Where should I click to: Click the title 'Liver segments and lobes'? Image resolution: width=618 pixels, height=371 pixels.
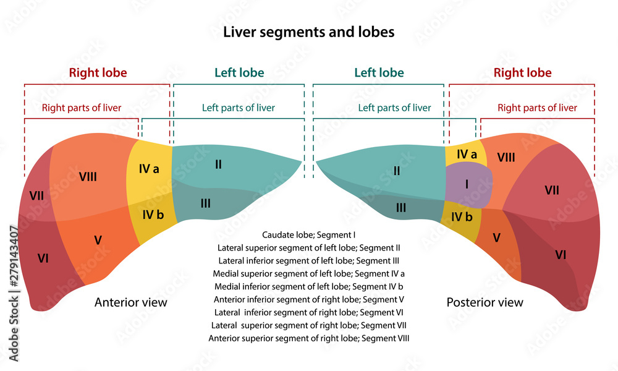(308, 32)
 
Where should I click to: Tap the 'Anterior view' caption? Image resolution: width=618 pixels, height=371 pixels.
(130, 302)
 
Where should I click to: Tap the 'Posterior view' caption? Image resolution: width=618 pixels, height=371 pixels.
(485, 302)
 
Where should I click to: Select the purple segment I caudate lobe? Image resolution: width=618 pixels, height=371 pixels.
(468, 184)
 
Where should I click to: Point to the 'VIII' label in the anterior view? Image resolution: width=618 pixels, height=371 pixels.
(88, 177)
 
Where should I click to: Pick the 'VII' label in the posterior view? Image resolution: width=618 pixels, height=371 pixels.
(552, 190)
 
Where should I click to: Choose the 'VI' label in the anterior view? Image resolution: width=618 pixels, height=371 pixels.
(43, 258)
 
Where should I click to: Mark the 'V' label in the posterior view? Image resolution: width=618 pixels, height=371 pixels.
(496, 236)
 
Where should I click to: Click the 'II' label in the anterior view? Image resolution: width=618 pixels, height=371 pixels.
(218, 164)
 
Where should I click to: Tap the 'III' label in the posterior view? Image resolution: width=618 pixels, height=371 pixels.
(401, 208)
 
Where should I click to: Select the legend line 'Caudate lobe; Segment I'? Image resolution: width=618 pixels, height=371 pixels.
(308, 234)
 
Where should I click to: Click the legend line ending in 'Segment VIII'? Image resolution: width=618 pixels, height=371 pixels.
(308, 338)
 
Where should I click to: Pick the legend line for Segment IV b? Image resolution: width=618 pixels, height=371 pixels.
(308, 286)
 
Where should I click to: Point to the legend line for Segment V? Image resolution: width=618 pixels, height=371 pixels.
(308, 299)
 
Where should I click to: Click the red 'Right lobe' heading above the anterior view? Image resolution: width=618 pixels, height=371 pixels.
(98, 72)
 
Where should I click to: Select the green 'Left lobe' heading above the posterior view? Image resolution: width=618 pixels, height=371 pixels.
(379, 72)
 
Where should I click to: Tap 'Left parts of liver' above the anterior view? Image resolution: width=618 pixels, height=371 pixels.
(238, 108)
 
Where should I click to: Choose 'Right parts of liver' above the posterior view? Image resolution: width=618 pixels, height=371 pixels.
(537, 108)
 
